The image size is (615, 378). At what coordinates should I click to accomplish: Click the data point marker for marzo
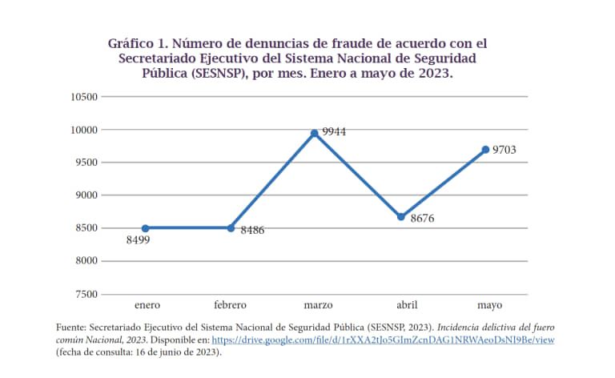pyautogui.click(x=315, y=133)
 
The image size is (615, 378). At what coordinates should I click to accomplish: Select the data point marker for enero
pyautogui.click(x=147, y=228)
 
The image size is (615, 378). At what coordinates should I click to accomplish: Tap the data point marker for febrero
pyautogui.click(x=231, y=228)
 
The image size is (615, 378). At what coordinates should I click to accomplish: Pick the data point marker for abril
pyautogui.click(x=401, y=216)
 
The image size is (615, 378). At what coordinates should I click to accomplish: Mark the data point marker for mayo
pyautogui.click(x=485, y=149)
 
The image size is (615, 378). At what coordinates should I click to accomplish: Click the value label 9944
pyautogui.click(x=333, y=131)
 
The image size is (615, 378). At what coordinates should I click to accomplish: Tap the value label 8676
pyautogui.click(x=422, y=218)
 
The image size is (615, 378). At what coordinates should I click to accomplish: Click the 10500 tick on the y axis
pyautogui.click(x=84, y=97)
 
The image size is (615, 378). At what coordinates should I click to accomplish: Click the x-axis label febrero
pyautogui.click(x=231, y=305)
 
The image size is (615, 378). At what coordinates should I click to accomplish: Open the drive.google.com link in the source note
pyautogui.click(x=383, y=340)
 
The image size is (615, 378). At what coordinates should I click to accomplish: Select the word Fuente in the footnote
pyautogui.click(x=70, y=328)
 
